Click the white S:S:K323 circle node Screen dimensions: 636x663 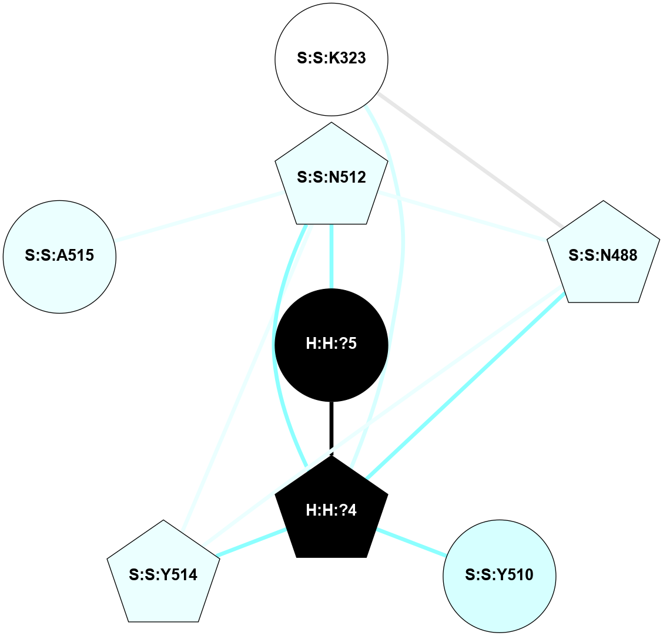331,59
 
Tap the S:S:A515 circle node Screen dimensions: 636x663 59,256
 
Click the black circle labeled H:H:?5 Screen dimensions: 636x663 331,344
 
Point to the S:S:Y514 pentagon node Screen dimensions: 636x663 163,574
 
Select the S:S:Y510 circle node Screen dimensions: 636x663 499,574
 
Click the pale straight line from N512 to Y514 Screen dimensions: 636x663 247,376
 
